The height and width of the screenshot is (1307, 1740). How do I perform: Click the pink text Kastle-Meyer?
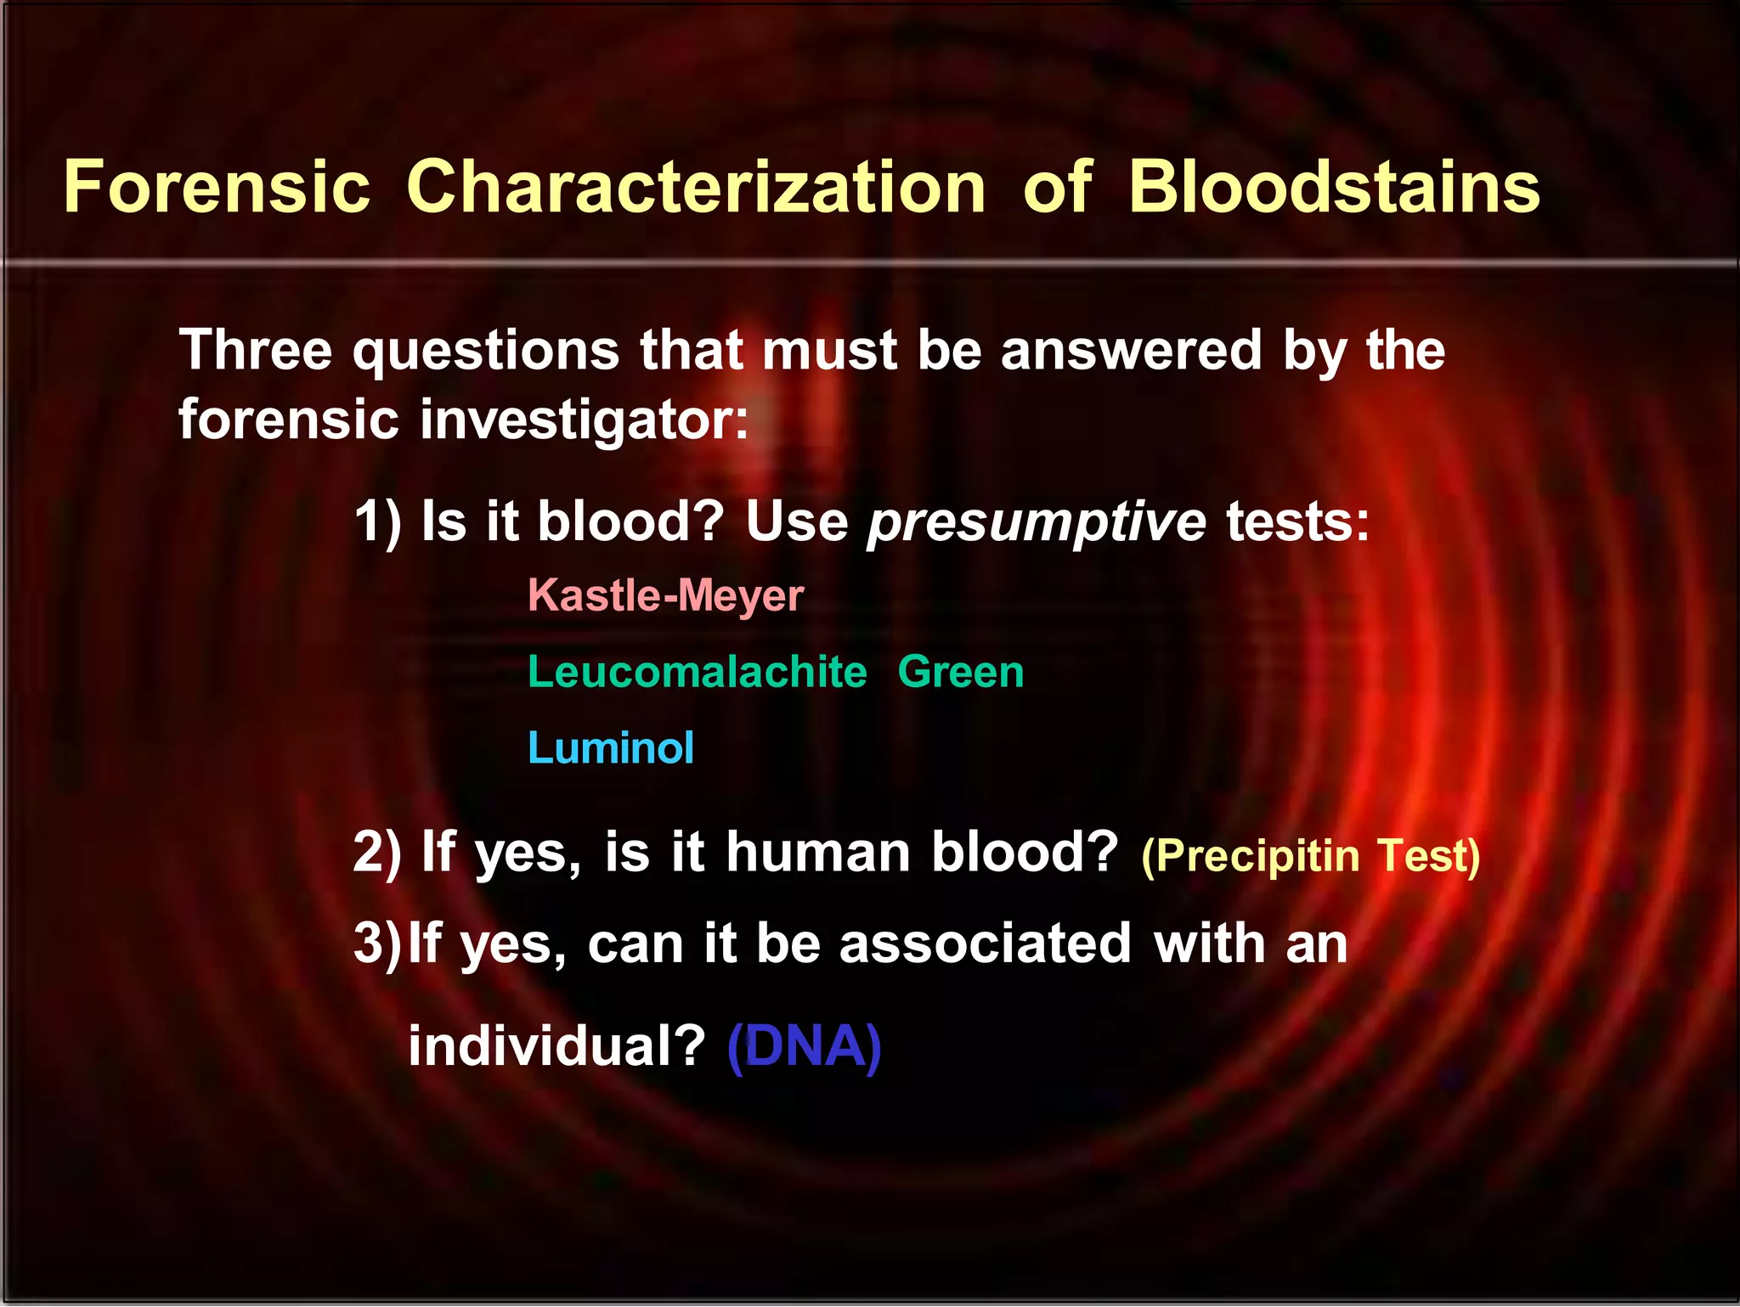665,595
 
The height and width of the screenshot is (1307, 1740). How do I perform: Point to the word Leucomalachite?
697,672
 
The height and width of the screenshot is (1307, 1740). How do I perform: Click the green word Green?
960,672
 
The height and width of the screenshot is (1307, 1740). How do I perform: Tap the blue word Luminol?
610,748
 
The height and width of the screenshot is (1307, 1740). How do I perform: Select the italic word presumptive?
1036,521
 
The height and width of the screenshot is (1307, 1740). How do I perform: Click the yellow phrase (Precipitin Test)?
1310,855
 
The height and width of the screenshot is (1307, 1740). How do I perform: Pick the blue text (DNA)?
804,1045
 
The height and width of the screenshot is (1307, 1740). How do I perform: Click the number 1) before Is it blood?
377,521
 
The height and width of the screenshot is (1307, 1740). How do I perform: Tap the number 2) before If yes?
377,852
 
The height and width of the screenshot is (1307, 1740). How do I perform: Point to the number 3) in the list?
376,944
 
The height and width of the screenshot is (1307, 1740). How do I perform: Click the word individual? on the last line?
556,1045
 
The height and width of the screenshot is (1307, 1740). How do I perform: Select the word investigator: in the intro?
584,420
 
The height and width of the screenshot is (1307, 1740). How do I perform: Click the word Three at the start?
256,350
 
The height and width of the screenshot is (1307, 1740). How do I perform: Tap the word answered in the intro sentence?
1131,350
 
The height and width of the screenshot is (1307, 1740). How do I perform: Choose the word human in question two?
817,852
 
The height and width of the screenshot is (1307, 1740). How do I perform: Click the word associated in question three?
985,944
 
